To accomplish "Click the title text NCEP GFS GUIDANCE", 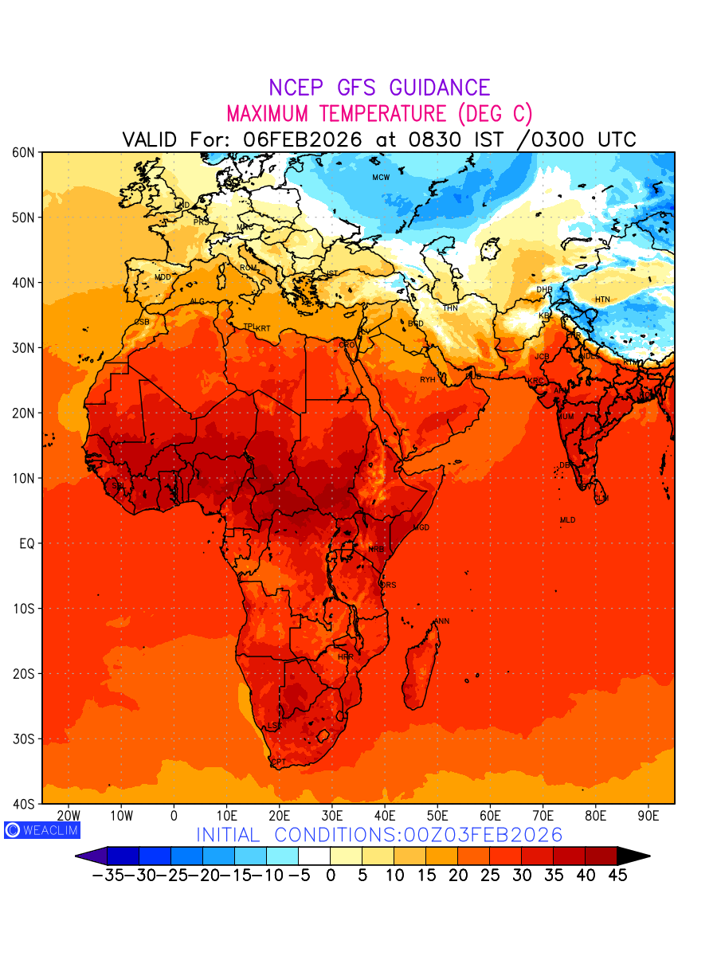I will tap(379, 88).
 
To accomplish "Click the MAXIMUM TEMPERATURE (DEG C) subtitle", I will tap(379, 113).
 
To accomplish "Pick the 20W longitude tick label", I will tap(69, 816).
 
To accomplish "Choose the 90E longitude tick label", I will tap(648, 816).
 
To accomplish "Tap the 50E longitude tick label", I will tap(437, 816).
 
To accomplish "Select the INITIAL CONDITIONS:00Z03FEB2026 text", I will tap(379, 835).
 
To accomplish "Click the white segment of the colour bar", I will tap(314, 856).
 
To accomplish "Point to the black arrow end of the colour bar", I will tap(633, 856).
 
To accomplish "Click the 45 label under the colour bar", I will tap(617, 876).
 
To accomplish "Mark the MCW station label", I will tap(381, 178).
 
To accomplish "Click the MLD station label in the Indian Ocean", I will tap(567, 520).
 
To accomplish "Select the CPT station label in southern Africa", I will tap(278, 762).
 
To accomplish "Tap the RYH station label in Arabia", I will tap(428, 380).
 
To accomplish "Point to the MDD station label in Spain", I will tap(163, 277).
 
